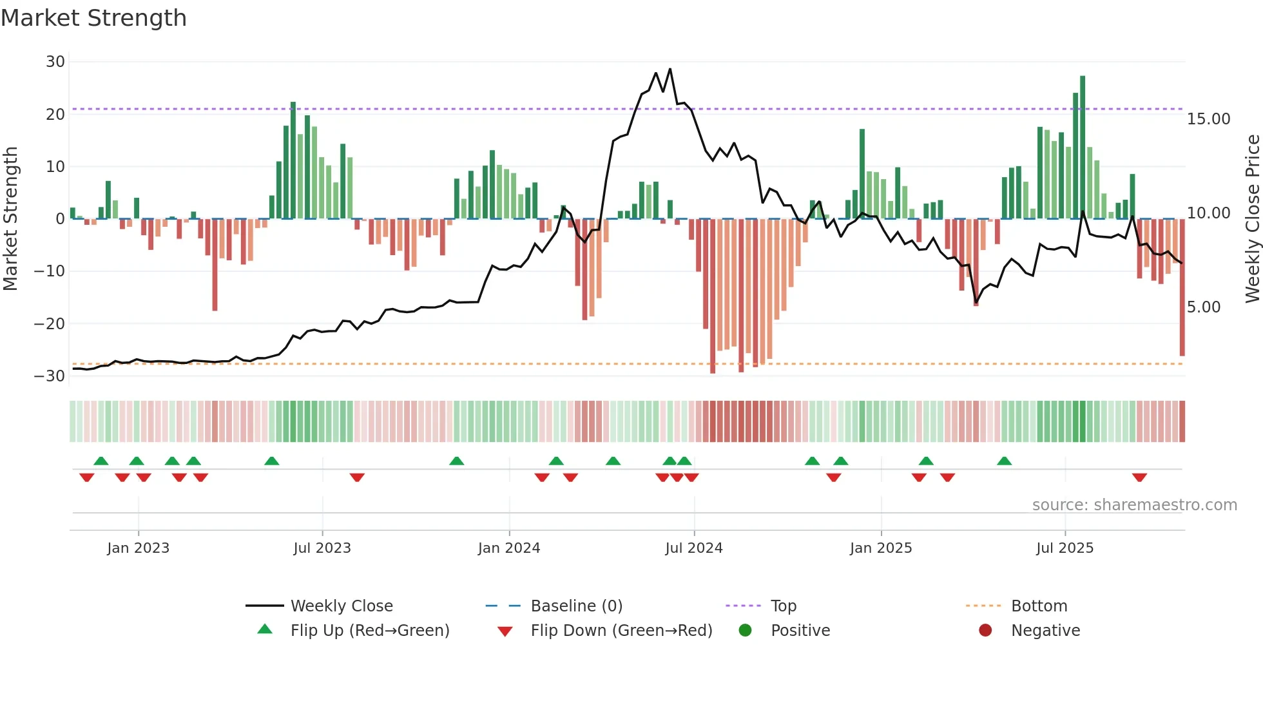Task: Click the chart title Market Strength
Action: (93, 18)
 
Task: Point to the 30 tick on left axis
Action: (55, 62)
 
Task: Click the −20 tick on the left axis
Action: (50, 324)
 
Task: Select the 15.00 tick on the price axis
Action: (1208, 119)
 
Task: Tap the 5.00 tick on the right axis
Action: (1203, 307)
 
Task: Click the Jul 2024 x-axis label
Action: (693, 548)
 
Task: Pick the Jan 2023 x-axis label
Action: (138, 548)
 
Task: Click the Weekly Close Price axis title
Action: (1252, 219)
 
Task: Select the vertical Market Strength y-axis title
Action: (11, 219)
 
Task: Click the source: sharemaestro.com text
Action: (1134, 505)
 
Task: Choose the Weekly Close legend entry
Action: (341, 606)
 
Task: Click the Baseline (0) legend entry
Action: (576, 606)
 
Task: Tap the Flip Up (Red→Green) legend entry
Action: (369, 631)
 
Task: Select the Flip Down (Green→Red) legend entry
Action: (621, 631)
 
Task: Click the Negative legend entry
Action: (1045, 631)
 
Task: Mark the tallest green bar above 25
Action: (1083, 147)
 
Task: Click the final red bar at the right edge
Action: (1182, 287)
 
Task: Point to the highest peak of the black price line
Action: (670, 70)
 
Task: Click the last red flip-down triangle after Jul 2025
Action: (1139, 477)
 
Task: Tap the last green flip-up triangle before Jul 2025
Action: (1004, 461)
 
